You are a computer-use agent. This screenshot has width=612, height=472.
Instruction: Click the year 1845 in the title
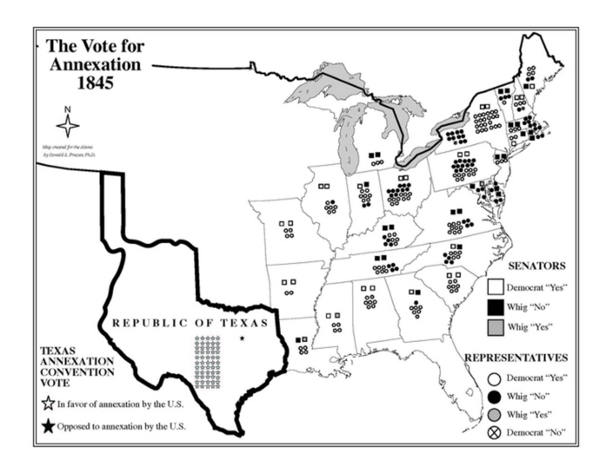(x=95, y=83)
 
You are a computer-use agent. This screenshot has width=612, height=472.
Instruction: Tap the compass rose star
(x=68, y=126)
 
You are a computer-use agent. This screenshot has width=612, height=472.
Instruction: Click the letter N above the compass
(x=67, y=110)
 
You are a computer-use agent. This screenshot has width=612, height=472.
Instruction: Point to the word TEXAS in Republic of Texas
(x=245, y=323)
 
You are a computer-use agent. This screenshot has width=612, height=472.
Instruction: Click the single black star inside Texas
(x=242, y=338)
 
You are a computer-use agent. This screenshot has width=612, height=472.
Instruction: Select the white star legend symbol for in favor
(x=48, y=404)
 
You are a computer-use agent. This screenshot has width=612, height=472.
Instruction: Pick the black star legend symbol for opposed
(x=48, y=426)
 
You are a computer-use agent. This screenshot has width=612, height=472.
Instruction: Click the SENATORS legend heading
(x=537, y=266)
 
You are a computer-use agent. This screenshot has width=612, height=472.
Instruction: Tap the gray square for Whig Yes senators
(x=495, y=327)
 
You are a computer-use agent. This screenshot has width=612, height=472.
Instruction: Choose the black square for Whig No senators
(x=495, y=307)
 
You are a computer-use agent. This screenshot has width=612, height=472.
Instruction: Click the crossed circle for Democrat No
(x=494, y=433)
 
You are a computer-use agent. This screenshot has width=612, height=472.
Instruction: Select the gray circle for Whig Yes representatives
(x=494, y=415)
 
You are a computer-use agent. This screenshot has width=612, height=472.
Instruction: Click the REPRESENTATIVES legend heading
(x=516, y=358)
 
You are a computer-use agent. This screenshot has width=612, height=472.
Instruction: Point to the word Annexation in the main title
(x=95, y=65)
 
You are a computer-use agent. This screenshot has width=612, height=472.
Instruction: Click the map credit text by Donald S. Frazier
(x=69, y=155)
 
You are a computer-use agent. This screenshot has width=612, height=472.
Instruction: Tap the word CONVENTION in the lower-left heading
(x=77, y=372)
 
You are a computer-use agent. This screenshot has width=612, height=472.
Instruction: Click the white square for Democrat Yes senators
(x=495, y=287)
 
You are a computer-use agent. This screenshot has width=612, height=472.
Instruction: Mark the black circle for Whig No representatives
(x=494, y=397)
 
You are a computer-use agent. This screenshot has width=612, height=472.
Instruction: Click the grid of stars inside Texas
(x=208, y=362)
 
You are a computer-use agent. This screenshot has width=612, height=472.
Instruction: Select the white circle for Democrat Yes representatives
(x=494, y=378)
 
